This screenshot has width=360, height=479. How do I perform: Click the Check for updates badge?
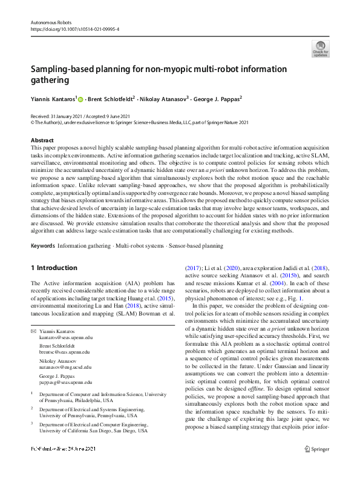click(x=320, y=48)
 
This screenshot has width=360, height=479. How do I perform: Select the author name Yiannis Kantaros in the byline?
click(x=53, y=97)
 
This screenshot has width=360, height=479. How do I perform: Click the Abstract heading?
click(x=42, y=140)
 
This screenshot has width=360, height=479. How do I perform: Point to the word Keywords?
click(x=42, y=246)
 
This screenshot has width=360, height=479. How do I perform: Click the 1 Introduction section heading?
click(x=54, y=268)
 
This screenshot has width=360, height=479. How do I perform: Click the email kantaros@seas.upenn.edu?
click(x=67, y=337)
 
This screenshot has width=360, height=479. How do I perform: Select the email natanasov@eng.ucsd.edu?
click(x=67, y=368)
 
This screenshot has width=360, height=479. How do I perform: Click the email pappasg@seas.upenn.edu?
click(x=66, y=383)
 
